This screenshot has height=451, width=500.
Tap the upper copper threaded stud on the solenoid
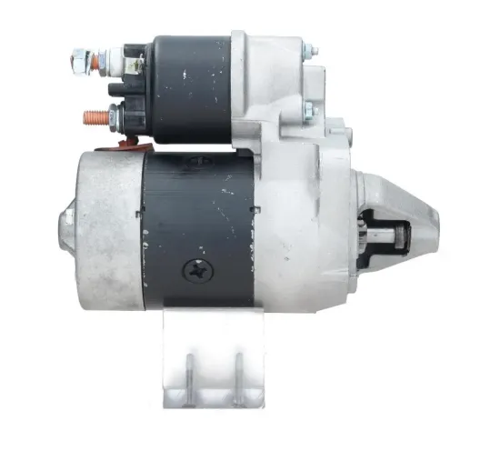76,61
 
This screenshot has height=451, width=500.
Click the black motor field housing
200,227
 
